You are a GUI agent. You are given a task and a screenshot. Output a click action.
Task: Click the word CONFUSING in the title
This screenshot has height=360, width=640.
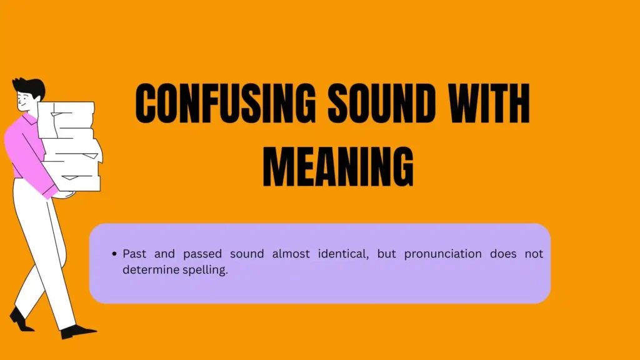225,103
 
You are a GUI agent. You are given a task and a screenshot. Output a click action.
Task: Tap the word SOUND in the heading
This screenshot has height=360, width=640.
382,103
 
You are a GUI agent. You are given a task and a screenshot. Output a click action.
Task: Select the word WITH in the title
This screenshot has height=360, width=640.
489,103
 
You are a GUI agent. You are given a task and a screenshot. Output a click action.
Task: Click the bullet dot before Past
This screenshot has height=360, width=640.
114,254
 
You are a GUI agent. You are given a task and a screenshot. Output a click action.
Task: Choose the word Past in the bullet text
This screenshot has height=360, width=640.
134,254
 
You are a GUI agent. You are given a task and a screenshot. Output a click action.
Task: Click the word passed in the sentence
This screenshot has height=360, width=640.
202,254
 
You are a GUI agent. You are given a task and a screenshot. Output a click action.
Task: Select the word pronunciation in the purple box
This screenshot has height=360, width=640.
443,254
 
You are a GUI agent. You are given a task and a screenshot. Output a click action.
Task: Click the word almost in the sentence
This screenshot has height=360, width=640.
291,254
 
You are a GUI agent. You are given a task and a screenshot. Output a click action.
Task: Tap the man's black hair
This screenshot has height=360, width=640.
29,86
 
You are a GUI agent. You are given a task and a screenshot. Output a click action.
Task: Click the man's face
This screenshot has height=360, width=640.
24,101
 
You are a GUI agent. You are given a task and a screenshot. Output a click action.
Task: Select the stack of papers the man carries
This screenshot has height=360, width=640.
69,146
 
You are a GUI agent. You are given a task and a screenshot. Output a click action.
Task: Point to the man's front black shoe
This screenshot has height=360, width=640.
77,331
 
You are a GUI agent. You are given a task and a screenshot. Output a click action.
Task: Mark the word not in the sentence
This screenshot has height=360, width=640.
534,254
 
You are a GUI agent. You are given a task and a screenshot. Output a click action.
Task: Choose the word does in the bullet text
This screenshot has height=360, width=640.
503,254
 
